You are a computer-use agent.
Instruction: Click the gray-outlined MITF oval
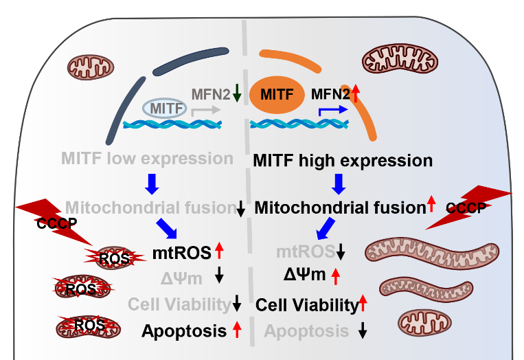[x=166, y=109]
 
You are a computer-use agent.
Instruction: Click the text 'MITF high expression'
[x=343, y=161]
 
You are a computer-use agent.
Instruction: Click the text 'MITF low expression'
[x=147, y=159]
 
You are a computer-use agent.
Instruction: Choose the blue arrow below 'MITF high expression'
[x=339, y=184]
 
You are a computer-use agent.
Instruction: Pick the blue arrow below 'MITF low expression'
[x=152, y=183]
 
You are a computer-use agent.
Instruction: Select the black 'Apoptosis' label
[x=184, y=331]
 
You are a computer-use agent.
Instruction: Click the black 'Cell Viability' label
[x=307, y=304]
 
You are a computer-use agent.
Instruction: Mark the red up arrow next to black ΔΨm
[x=336, y=276]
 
